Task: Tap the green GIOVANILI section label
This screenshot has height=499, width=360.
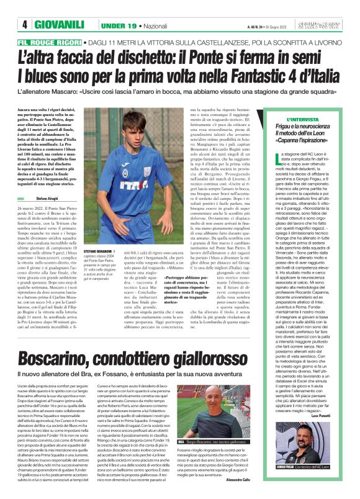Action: (x=59, y=25)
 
